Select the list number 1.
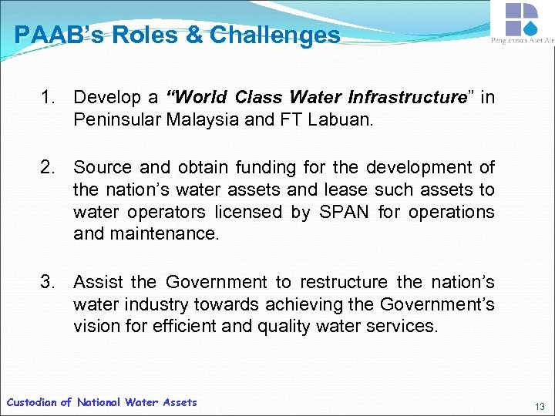pos(49,98)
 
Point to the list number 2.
pos(49,167)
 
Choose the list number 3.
pos(49,283)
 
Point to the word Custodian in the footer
pos(31,402)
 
